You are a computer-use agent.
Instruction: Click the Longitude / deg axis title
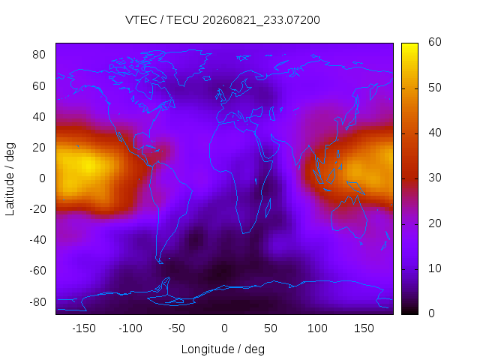pos(223,349)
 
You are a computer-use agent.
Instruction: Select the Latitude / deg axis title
pos(10,179)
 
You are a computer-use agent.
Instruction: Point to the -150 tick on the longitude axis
pos(84,328)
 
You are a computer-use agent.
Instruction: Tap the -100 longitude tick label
pos(130,328)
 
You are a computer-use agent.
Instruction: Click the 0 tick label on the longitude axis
pos(224,328)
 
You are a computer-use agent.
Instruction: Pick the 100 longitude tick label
pos(317,328)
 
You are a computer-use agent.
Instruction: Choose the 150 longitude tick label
pos(364,328)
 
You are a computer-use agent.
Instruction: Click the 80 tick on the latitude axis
pos(39,55)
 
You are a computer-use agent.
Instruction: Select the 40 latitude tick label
pos(39,117)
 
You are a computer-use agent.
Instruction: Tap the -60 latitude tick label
pos(37,271)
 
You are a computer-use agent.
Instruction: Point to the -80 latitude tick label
pos(37,301)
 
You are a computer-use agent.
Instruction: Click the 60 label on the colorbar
pos(435,42)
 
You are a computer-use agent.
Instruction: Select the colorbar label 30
pos(435,178)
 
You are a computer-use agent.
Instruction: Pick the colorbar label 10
pos(435,268)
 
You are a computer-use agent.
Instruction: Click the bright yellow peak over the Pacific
pos(88,166)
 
